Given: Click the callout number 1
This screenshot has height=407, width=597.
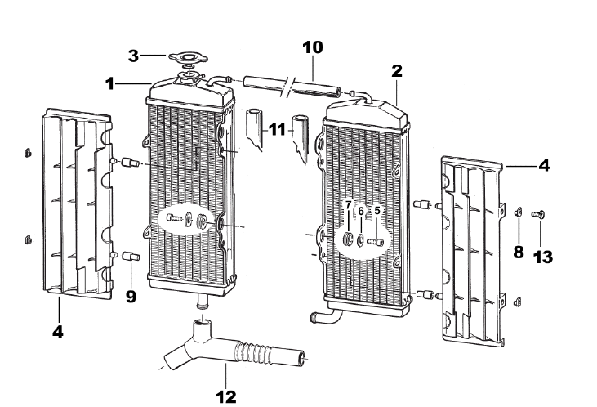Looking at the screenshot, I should coord(109,83).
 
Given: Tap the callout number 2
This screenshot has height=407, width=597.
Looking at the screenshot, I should coord(396,70).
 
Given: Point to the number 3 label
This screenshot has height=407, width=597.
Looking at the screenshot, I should coord(132,56).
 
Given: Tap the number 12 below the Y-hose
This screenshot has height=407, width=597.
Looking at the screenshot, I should coord(226,396).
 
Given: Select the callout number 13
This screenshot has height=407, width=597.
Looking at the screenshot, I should coord(541,257).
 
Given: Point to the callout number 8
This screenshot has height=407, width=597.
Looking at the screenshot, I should coord(517,253).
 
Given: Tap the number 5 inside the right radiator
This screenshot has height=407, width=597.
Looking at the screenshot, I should coord(377,210).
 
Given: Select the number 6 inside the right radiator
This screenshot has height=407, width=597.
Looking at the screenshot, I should coord(361,210).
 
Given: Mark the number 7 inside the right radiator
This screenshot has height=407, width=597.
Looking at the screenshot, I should coord(347,204).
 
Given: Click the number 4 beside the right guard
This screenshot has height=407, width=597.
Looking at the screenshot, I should coord(543,165).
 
